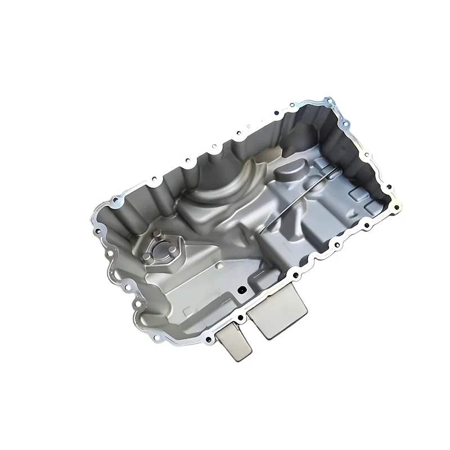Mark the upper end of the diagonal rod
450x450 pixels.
click(x=339, y=168)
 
